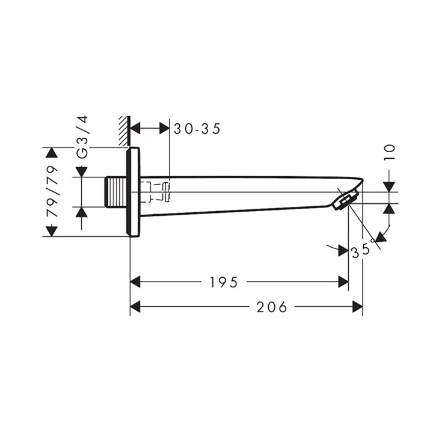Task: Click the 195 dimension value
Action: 224,282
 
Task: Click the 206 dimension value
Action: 272,307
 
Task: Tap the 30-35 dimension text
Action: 197,128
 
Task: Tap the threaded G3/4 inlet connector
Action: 115,192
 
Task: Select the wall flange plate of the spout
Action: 134,192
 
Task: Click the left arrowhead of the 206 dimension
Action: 135,307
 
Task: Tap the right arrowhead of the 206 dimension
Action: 357,307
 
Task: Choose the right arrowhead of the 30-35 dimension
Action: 164,128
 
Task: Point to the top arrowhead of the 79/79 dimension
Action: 52,153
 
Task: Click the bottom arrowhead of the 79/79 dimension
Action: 52,231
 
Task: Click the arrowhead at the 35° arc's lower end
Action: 380,236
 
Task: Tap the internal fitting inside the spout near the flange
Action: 159,191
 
